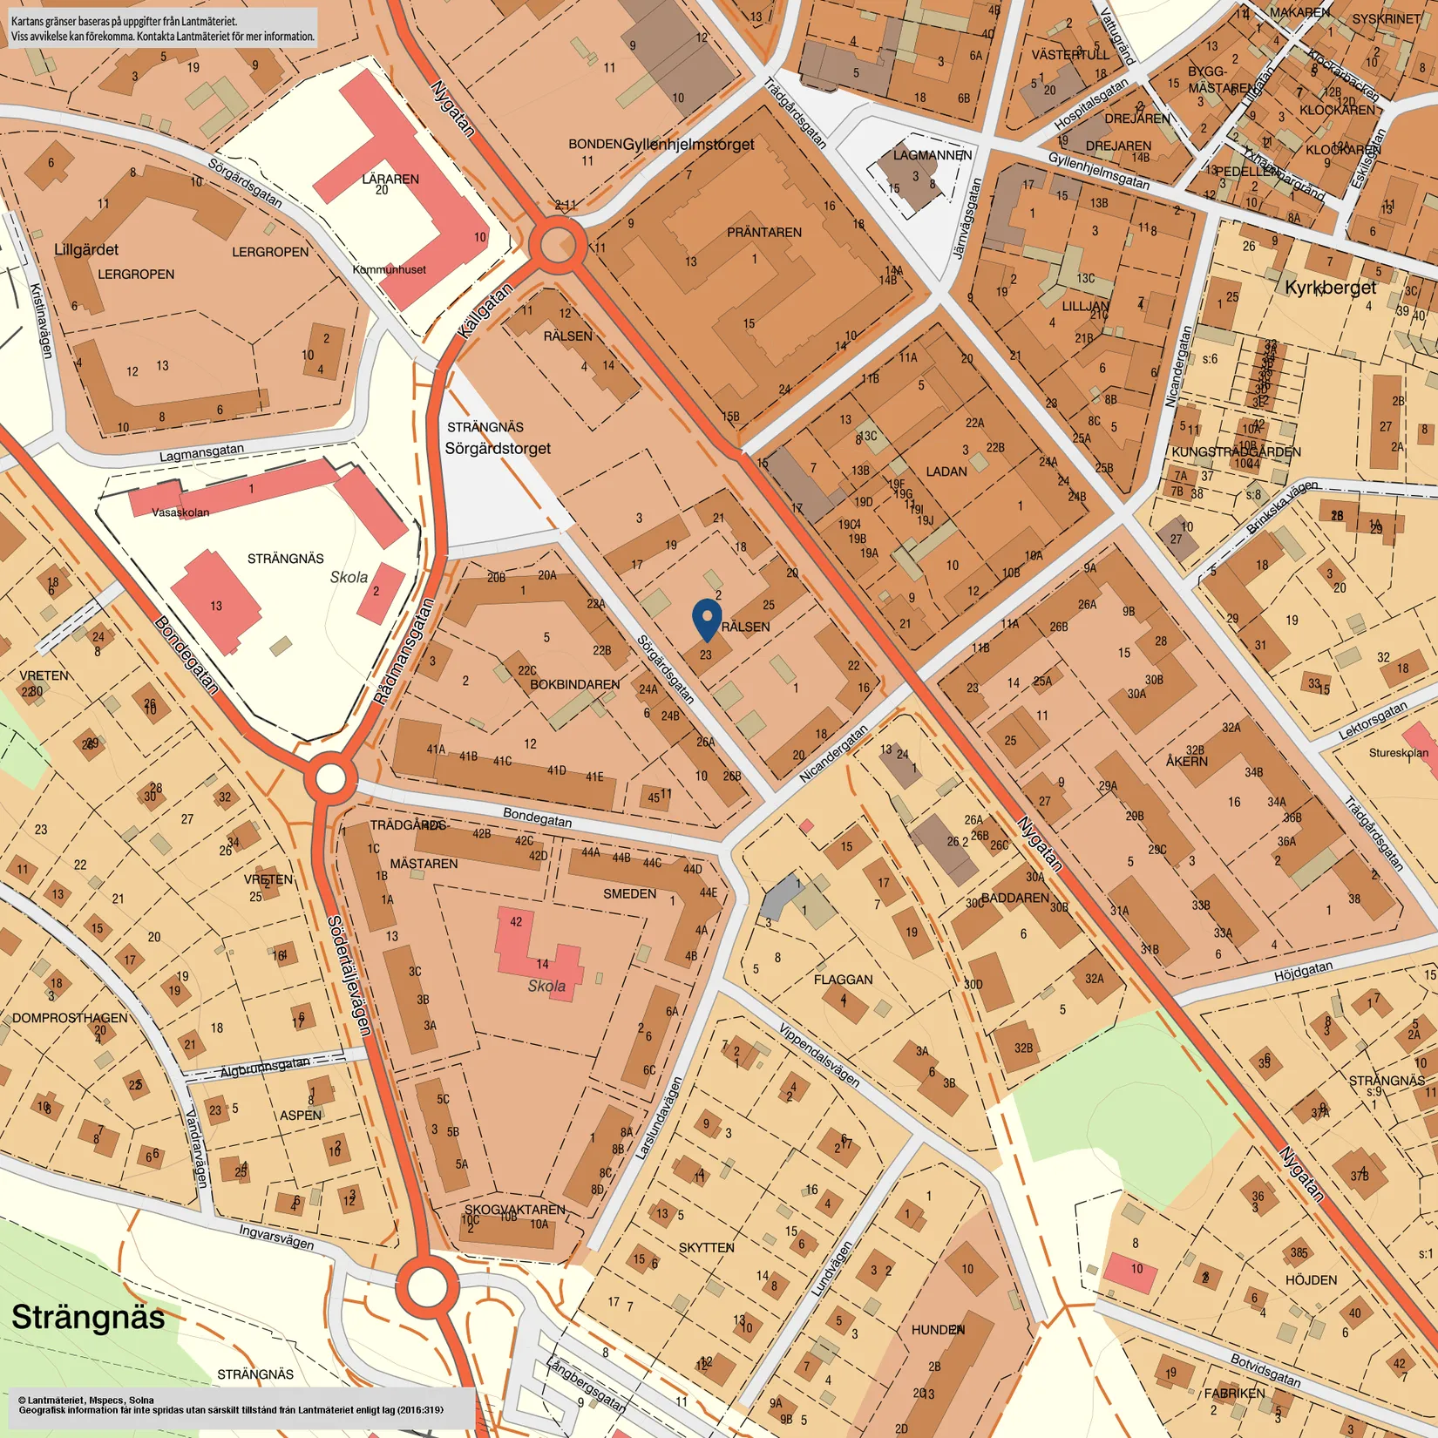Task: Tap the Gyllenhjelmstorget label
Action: pos(688,145)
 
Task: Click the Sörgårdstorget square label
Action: pos(498,448)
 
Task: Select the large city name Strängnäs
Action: pos(88,1317)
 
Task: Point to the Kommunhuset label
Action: pos(389,269)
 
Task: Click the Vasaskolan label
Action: pos(180,512)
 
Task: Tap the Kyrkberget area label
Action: pos(1330,288)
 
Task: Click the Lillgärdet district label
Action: pos(86,250)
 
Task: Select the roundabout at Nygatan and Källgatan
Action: pos(558,245)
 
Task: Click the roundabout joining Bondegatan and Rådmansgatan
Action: pos(330,778)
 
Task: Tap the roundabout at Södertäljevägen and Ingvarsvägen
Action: pos(427,1287)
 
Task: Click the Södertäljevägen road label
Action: pos(349,976)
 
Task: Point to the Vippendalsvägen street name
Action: pos(819,1055)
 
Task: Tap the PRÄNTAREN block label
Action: pos(764,233)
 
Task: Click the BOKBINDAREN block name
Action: pos(575,685)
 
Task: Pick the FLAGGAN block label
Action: pos(843,980)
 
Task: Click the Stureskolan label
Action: pos(1398,753)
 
